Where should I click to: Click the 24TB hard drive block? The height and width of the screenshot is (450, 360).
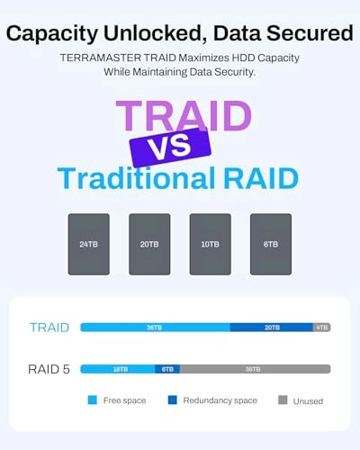coord(88,244)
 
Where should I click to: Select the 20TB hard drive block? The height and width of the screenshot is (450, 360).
coord(149,244)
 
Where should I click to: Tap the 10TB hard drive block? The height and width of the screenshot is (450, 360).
coord(210,244)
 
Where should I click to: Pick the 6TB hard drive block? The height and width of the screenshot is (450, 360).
coord(270,244)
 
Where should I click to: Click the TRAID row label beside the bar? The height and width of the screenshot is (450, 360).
coord(49,328)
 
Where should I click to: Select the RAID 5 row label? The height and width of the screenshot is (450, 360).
coord(49,369)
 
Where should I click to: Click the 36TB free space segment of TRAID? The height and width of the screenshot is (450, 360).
coord(155,328)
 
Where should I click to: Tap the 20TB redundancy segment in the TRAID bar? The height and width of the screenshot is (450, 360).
coord(271,328)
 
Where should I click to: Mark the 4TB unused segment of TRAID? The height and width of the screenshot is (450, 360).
coord(321,328)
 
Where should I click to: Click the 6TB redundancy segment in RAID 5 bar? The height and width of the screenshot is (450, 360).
coord(167,369)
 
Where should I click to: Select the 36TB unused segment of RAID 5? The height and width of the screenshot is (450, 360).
coord(255,369)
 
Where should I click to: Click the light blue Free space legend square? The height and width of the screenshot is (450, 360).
coord(92,400)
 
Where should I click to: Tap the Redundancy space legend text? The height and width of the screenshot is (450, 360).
coord(220,400)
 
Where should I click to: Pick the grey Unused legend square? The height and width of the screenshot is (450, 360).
coord(283,400)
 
